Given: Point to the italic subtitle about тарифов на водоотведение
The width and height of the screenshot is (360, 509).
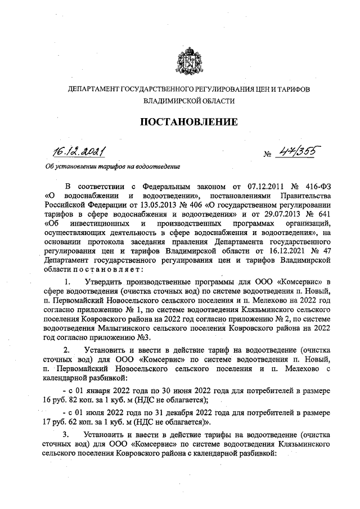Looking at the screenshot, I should pos(112,166).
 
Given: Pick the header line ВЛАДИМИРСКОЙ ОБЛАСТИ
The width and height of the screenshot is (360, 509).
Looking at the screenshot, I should pos(188,102).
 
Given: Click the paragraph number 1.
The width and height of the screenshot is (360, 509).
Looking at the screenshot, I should pos(67,281).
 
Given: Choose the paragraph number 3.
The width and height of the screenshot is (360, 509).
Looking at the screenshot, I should pos(67,434).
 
